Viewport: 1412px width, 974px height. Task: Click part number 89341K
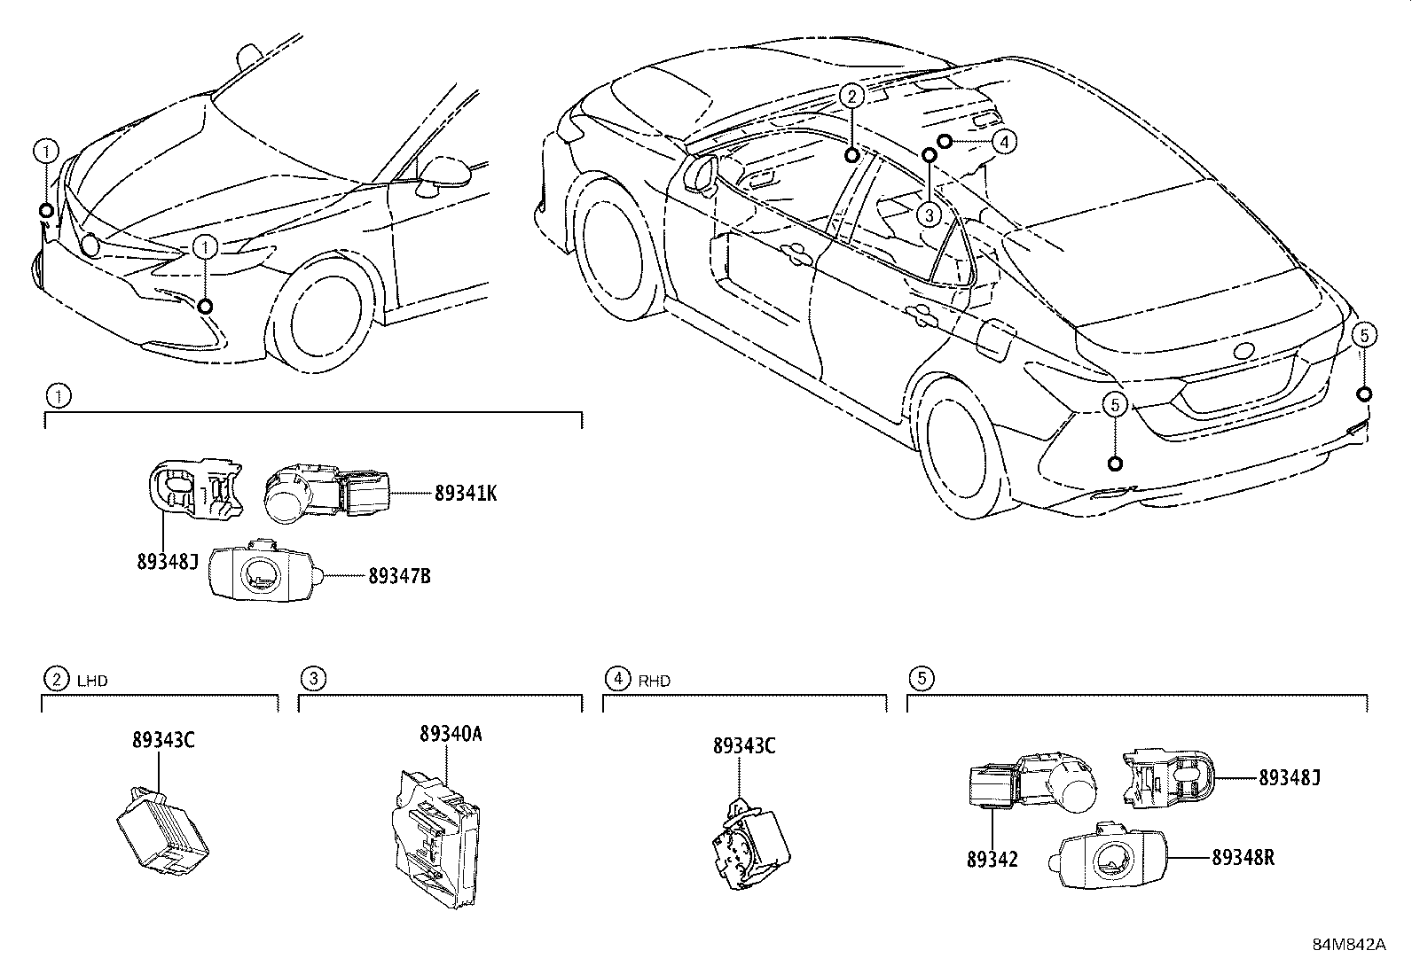point(465,494)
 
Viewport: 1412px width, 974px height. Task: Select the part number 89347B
point(399,576)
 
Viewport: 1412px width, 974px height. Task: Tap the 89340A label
point(451,734)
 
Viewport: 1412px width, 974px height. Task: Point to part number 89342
point(992,858)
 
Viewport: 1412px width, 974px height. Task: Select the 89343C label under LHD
point(162,740)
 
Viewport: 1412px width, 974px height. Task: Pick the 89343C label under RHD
point(743,746)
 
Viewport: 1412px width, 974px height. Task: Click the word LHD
point(91,681)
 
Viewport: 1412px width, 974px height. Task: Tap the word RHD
point(654,681)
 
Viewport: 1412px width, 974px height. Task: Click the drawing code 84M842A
point(1348,944)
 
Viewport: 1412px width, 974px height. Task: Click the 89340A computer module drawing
point(436,838)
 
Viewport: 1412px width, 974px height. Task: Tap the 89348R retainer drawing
point(1109,858)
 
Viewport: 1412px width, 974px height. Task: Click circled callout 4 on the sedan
point(1003,140)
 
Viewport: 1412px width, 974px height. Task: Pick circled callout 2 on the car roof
point(851,96)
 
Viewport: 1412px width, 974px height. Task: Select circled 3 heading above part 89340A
point(312,679)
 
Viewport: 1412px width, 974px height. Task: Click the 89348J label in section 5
point(1290,777)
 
